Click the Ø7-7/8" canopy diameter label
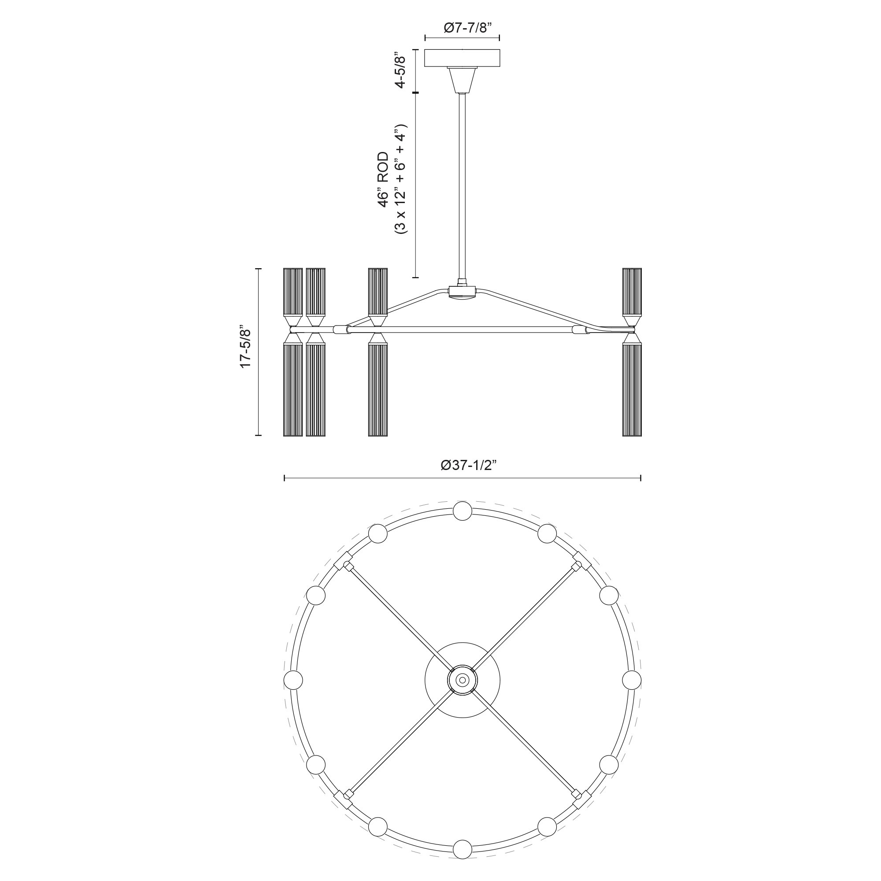[462, 28]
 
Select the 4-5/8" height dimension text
[400, 70]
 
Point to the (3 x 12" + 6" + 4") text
[400, 179]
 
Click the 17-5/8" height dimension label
[246, 347]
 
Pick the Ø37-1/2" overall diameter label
[462, 465]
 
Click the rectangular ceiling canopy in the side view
[462, 58]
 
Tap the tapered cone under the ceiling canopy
[462, 80]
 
